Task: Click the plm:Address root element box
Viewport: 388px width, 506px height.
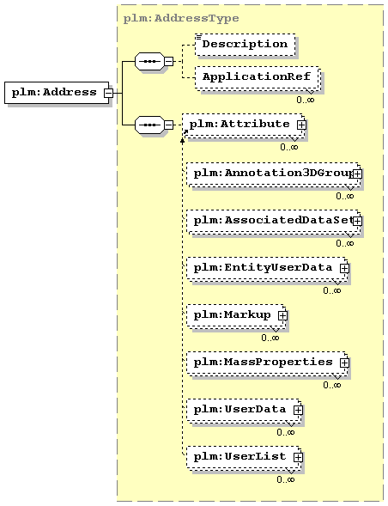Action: [57, 93]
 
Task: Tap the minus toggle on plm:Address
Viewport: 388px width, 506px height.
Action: [109, 93]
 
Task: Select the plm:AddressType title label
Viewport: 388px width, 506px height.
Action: [181, 18]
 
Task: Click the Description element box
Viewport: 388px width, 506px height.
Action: [246, 45]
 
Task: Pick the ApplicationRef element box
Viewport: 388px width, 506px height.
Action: [257, 77]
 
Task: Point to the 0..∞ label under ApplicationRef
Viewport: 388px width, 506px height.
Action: [305, 100]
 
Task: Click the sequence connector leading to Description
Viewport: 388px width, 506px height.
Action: [149, 61]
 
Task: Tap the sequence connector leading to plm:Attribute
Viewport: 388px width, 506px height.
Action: [149, 125]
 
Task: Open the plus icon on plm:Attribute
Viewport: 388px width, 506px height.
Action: [301, 125]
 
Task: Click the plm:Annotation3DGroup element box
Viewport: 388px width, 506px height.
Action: [274, 174]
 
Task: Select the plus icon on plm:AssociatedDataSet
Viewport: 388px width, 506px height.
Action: [357, 222]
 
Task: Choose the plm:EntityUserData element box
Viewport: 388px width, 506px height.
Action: [267, 269]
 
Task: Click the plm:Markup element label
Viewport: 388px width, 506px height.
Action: [233, 314]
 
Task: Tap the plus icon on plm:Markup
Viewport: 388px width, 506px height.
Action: [282, 315]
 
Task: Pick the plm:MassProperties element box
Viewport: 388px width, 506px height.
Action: [267, 363]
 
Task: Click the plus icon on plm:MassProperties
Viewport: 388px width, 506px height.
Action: [344, 363]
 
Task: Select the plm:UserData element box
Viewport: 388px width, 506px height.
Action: [244, 410]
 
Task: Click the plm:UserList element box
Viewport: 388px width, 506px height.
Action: [244, 458]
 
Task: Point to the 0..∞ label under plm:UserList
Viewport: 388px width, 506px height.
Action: [286, 479]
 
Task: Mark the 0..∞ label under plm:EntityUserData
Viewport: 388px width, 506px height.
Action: [332, 290]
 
